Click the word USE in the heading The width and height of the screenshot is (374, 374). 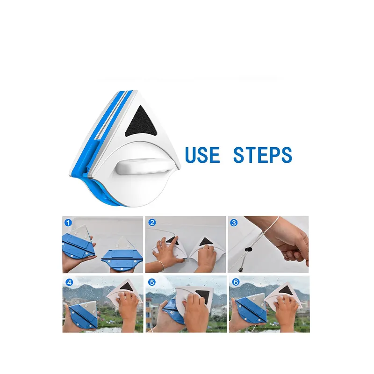tap(202, 155)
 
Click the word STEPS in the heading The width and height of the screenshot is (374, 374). tap(263, 155)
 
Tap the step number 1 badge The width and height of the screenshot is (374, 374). tap(68, 223)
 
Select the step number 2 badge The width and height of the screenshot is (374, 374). tap(152, 223)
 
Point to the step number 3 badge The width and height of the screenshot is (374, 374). tap(234, 223)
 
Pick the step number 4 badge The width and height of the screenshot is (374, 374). tap(69, 282)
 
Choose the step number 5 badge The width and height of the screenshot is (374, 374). tap(151, 282)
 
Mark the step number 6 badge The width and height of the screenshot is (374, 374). tap(236, 282)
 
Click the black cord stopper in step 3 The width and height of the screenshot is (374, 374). tap(248, 250)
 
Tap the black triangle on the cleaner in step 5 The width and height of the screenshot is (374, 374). tap(203, 296)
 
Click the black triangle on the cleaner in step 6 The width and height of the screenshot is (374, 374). tap(287, 290)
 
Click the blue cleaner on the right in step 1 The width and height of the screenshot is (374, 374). tap(122, 258)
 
